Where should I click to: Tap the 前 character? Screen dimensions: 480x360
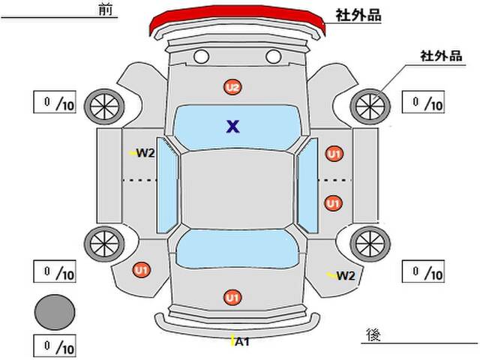106,10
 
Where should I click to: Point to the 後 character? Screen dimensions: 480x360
373,334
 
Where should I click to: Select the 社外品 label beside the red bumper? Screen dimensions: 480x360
358,15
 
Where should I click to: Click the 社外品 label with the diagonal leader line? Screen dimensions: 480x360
441,56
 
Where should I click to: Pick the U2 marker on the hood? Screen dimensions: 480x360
232,87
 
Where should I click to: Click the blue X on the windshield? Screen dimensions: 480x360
233,126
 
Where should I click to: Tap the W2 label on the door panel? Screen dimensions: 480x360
145,153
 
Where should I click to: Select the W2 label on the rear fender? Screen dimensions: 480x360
346,276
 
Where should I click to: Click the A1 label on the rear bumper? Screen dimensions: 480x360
242,342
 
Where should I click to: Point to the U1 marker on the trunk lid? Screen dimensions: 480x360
232,297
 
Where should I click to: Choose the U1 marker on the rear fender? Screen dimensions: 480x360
142,270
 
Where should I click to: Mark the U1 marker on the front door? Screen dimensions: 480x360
334,154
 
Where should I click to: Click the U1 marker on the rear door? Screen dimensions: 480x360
333,203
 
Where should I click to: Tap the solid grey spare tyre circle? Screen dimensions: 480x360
55,312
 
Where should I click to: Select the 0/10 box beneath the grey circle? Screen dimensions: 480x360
55,346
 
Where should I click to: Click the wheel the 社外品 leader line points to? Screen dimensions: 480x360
370,106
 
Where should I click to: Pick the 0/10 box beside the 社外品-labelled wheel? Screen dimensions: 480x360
423,102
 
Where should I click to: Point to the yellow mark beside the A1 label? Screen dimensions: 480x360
232,340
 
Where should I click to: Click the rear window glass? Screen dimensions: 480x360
238,249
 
